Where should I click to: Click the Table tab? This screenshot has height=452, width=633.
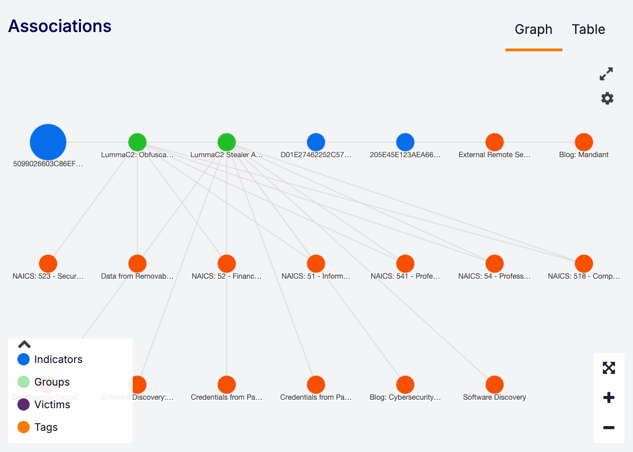click(x=588, y=30)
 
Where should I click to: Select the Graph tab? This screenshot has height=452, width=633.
click(x=533, y=30)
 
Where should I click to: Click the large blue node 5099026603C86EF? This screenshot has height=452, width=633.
click(x=48, y=142)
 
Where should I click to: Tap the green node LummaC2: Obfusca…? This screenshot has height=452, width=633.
click(x=138, y=142)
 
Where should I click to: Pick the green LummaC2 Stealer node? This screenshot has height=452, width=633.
click(x=227, y=142)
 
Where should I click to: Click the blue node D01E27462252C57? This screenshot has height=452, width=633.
click(x=316, y=142)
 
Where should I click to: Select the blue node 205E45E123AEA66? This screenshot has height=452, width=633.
click(x=405, y=142)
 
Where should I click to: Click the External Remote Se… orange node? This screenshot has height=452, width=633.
click(x=495, y=142)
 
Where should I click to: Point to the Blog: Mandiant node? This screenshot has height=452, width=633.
click(x=584, y=142)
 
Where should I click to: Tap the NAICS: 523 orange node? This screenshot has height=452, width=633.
click(x=48, y=264)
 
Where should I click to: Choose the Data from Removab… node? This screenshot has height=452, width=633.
click(x=138, y=264)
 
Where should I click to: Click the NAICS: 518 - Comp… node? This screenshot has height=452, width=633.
click(x=584, y=264)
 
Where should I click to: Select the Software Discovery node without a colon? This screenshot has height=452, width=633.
click(x=495, y=385)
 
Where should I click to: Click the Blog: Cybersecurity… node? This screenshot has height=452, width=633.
click(x=405, y=385)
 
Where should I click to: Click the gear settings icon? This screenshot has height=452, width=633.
click(x=607, y=98)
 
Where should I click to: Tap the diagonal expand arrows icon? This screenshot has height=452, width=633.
click(x=606, y=74)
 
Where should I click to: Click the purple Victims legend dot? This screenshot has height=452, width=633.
click(x=24, y=404)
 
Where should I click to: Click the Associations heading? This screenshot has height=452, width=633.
click(x=60, y=26)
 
